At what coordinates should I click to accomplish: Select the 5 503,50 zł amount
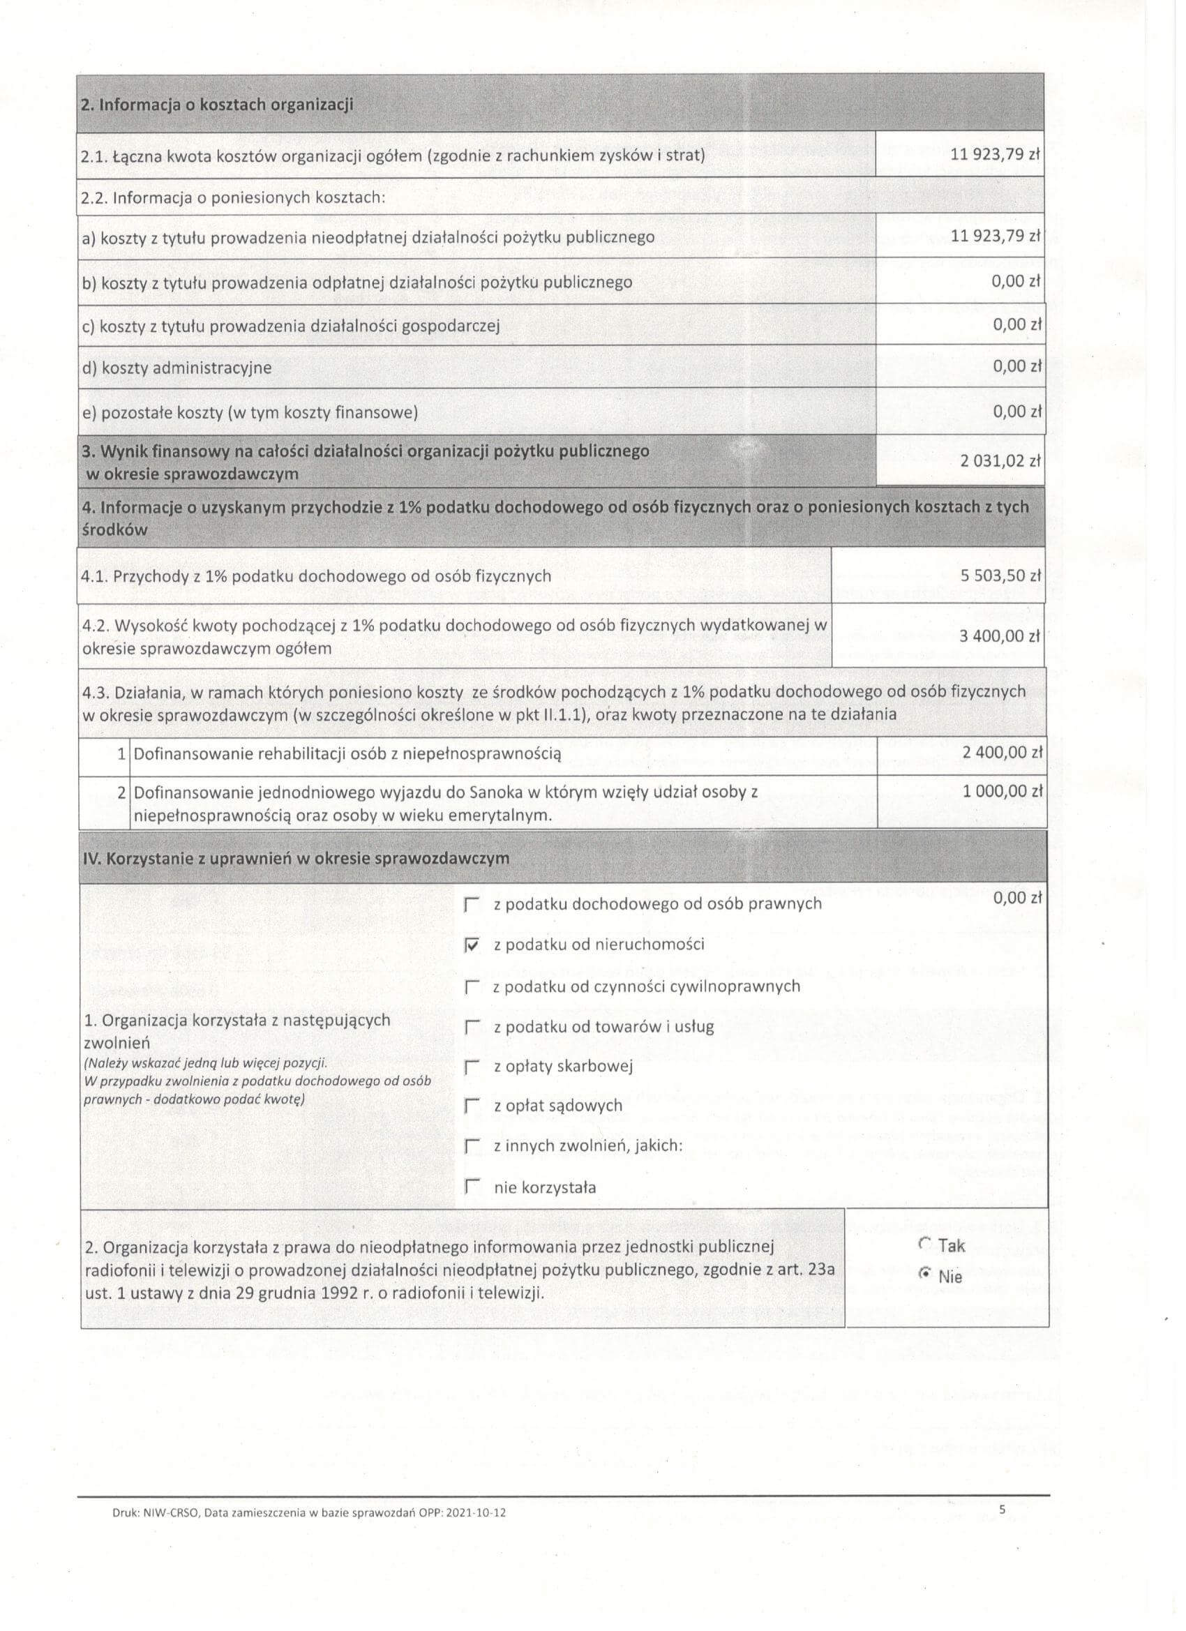coord(1000,576)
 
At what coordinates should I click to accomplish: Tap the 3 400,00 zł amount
coord(1000,636)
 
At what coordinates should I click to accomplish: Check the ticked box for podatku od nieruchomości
coord(472,946)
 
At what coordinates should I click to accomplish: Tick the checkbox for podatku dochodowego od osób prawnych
coord(472,905)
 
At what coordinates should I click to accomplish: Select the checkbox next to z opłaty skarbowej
coord(472,1068)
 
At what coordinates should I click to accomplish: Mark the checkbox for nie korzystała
coord(472,1188)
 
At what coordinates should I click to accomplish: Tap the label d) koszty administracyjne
coord(177,368)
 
